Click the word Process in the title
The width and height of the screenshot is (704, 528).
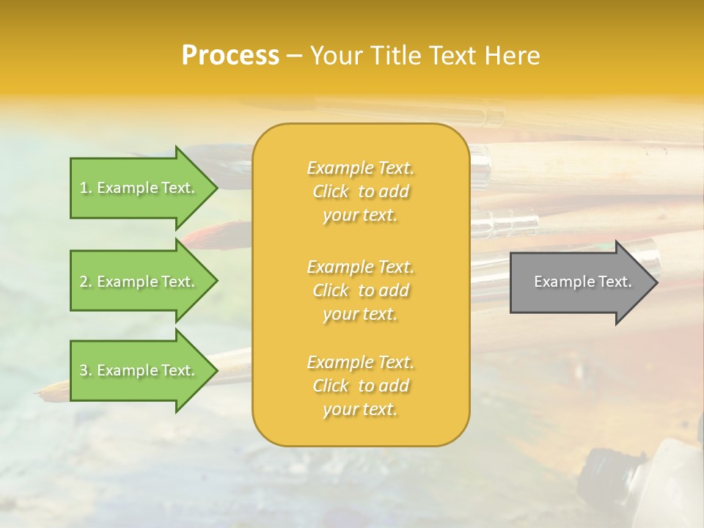pos(230,56)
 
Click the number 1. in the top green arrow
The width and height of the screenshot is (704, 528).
pos(86,188)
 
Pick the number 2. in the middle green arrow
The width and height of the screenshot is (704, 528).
pos(86,282)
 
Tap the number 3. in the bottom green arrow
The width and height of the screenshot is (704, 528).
pos(86,370)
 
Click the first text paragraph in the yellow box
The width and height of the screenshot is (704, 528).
pos(360,191)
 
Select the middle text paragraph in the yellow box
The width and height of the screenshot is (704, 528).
pos(360,290)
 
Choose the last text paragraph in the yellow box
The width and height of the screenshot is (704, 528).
pos(360,386)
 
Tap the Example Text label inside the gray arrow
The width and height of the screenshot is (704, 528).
pos(582,282)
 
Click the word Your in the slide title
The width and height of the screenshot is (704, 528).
pos(337,56)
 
